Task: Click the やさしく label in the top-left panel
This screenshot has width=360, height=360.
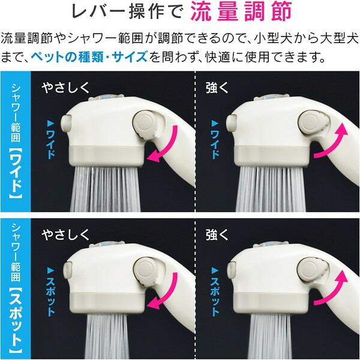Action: click(65, 88)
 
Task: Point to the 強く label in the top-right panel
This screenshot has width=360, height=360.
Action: click(217, 88)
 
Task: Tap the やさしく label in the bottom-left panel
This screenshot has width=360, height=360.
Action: click(65, 235)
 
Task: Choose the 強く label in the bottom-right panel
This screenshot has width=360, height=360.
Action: click(217, 235)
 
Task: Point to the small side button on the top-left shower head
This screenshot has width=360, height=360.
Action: click(66, 123)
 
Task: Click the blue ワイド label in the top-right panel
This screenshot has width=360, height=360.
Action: click(215, 139)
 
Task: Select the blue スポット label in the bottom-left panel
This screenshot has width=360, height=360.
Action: click(50, 291)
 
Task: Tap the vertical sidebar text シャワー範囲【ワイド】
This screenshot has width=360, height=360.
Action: click(16, 140)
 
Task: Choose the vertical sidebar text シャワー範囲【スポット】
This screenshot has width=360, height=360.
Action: click(16, 287)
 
